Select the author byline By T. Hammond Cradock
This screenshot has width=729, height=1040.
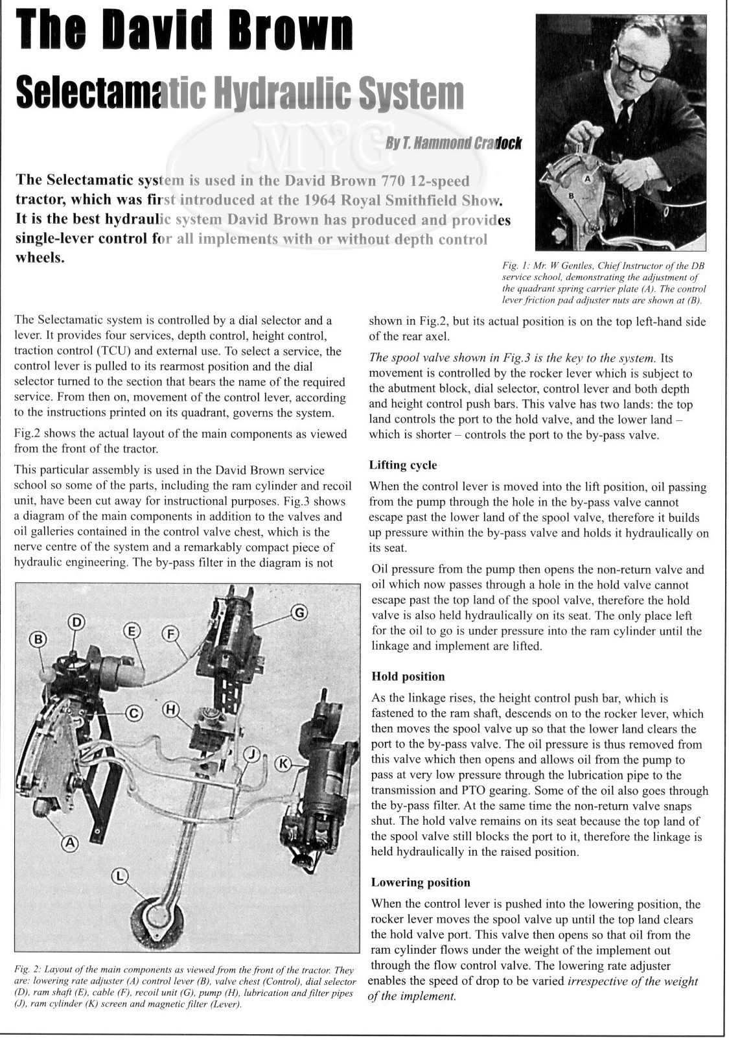click(x=453, y=143)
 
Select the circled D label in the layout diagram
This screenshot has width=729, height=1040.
click(x=77, y=622)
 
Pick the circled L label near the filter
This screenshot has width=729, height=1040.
click(x=120, y=877)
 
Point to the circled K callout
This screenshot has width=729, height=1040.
click(x=283, y=763)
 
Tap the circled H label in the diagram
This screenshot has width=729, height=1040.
click(x=170, y=710)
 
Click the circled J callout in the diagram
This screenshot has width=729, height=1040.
click(x=253, y=753)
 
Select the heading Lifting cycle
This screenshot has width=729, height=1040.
click(x=403, y=465)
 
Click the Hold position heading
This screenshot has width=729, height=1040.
click(x=408, y=676)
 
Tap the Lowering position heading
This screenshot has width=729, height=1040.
click(x=421, y=882)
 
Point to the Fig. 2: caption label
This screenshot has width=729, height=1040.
click(x=28, y=970)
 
